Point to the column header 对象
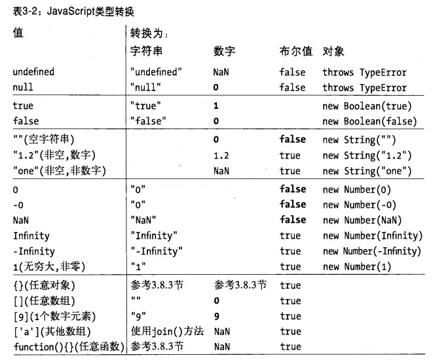(x=333, y=51)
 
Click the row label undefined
(x=33, y=72)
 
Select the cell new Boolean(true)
(x=369, y=105)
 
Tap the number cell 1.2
(x=224, y=155)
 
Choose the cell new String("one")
(x=366, y=171)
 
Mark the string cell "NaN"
(x=145, y=220)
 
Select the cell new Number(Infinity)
(x=372, y=235)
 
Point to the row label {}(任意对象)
(x=45, y=285)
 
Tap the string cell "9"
(x=140, y=316)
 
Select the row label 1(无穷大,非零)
(x=50, y=267)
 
